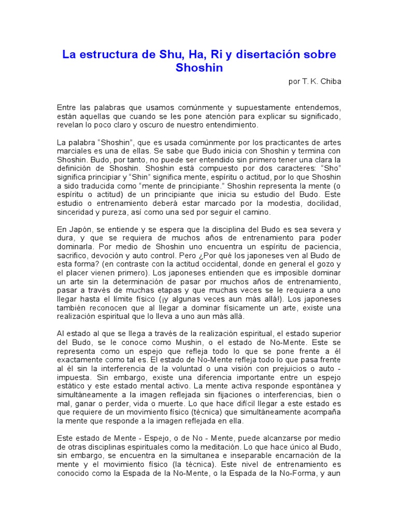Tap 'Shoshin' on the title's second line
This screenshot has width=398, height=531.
199,68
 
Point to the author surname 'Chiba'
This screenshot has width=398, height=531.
331,81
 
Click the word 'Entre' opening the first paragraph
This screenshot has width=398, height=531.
66,107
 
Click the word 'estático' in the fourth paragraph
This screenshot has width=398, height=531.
72,387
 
